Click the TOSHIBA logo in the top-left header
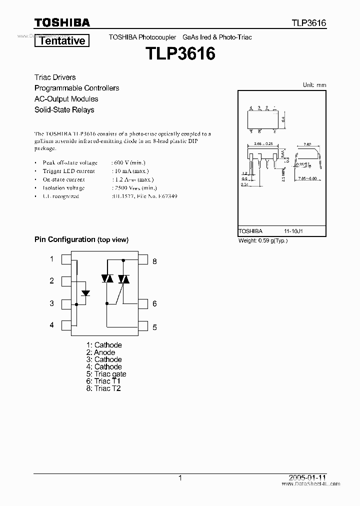tap(62, 22)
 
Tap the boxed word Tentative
tap(62, 41)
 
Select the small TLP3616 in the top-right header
tap(309, 23)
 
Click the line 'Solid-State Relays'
tap(64, 109)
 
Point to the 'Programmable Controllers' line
tap(76, 88)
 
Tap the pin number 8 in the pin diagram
tap(155, 261)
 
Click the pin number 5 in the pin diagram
tap(155, 327)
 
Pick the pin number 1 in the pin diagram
tap(51, 259)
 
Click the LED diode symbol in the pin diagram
tap(85, 293)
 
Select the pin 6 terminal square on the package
tap(143, 303)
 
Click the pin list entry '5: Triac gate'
tap(106, 374)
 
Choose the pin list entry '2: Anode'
tap(100, 352)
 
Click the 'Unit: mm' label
tap(314, 85)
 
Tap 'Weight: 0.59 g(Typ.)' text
tap(263, 240)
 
